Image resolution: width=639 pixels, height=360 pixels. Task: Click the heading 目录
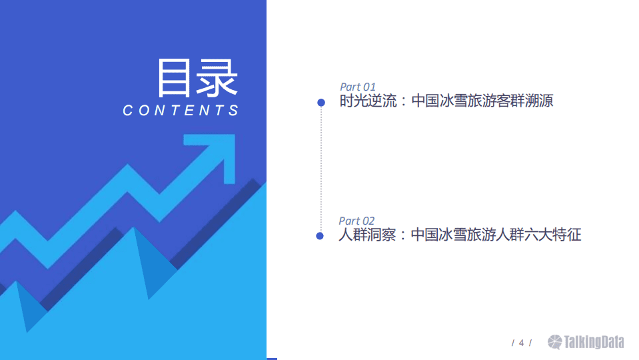pyautogui.click(x=197, y=78)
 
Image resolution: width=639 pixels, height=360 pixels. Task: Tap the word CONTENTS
pyautogui.click(x=181, y=111)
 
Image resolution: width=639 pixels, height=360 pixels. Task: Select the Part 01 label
pyautogui.click(x=358, y=87)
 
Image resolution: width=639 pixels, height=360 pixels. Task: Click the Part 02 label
pyautogui.click(x=356, y=221)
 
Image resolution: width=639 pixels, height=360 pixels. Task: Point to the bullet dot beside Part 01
pyautogui.click(x=321, y=102)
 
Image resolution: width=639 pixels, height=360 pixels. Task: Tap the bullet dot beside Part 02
pyautogui.click(x=320, y=236)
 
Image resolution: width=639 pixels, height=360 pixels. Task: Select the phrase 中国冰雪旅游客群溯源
pyautogui.click(x=482, y=101)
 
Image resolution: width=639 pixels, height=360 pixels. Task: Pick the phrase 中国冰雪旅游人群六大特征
pyautogui.click(x=496, y=235)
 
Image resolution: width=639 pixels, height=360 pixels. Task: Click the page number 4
pyautogui.click(x=521, y=343)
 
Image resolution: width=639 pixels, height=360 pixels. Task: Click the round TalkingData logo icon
pyautogui.click(x=555, y=342)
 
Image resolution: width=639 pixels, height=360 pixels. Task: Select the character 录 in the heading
pyautogui.click(x=218, y=78)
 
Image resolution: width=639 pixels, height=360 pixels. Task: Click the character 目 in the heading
pyautogui.click(x=175, y=78)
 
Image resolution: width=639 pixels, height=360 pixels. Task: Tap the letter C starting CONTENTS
pyautogui.click(x=129, y=111)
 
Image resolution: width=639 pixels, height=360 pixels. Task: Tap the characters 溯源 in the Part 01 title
pyautogui.click(x=538, y=101)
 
